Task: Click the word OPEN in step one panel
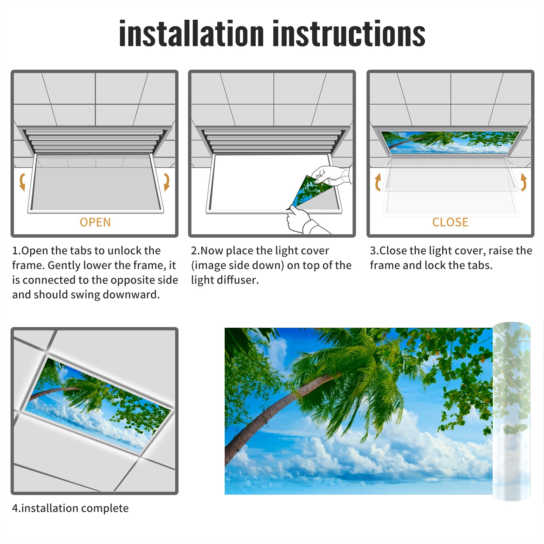95,222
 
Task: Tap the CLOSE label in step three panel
450,222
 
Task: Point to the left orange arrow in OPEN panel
22,182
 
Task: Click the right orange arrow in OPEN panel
167,182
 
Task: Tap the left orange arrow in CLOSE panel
378,182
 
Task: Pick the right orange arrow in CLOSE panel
524,182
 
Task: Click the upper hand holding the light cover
331,175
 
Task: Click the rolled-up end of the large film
512,411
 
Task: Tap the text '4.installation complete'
70,508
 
